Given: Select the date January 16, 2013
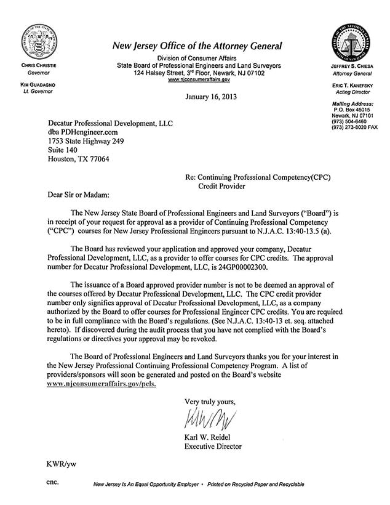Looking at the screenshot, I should coord(209,97).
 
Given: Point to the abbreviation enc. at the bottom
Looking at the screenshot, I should coord(53,483).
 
